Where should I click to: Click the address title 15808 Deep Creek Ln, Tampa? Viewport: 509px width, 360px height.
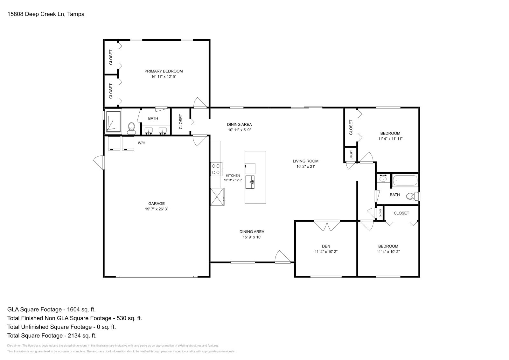click(x=45, y=14)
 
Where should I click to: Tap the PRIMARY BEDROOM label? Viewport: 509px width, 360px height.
click(x=164, y=71)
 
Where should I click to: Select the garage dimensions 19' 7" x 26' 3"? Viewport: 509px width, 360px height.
click(x=156, y=209)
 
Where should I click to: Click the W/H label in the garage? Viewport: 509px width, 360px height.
click(x=141, y=143)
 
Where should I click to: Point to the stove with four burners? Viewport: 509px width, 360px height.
click(x=216, y=169)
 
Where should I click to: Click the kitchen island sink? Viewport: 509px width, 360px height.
click(x=250, y=182)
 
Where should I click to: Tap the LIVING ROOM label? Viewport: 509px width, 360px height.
click(x=305, y=161)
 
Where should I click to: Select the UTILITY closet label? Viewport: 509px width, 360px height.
click(x=351, y=155)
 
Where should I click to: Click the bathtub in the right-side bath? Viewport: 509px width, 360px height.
click(x=405, y=181)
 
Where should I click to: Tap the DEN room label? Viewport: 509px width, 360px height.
click(x=326, y=246)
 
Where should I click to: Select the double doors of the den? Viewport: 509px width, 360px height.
click(x=327, y=225)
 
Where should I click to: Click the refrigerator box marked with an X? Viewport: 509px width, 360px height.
click(x=217, y=197)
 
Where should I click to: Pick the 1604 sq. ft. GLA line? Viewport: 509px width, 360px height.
click(x=51, y=309)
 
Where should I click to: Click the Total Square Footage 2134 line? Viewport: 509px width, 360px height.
click(x=52, y=336)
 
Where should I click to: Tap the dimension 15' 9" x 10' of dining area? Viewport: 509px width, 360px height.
click(x=252, y=237)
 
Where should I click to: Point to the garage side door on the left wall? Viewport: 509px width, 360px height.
click(x=99, y=162)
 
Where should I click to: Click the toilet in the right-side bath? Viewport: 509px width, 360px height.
click(x=412, y=196)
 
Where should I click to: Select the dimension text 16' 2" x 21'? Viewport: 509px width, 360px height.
click(x=305, y=166)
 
